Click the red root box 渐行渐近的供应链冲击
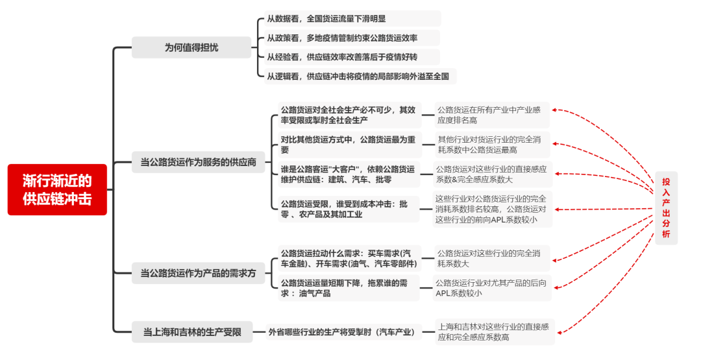[57, 189]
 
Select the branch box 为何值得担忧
[191, 47]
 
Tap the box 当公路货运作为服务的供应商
[199, 162]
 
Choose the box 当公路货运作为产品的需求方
[199, 273]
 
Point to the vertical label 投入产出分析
[666, 208]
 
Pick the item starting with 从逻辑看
[358, 76]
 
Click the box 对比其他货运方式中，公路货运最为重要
[349, 145]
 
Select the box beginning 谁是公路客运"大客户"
[349, 174]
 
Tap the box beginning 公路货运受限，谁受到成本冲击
[349, 209]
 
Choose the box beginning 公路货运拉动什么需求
[349, 258]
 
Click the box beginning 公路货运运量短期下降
[349, 288]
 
